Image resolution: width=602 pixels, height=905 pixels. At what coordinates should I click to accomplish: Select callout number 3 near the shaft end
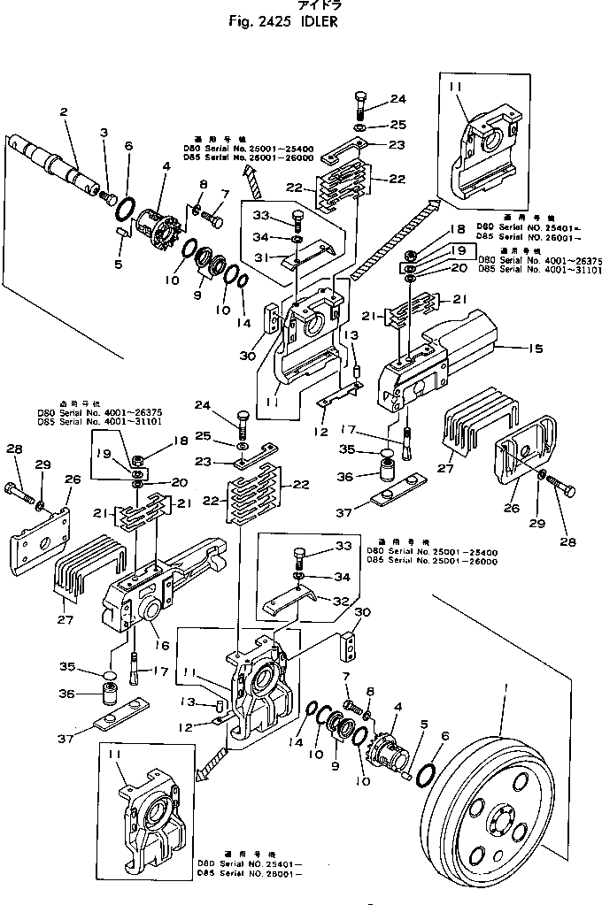104,132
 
